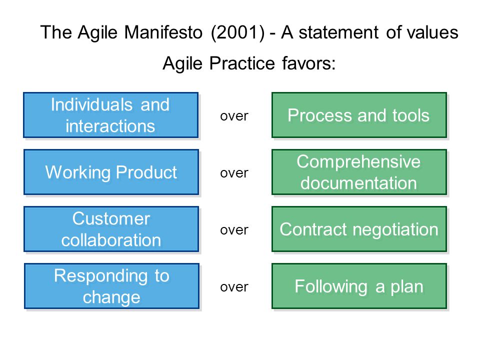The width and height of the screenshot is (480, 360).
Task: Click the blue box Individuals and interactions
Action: point(111,115)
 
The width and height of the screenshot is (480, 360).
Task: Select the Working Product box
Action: point(111,172)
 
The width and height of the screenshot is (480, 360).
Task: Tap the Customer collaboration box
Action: point(111,229)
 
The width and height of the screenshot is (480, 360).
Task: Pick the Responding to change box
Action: point(111,286)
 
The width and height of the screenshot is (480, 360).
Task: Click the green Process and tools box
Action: point(359,115)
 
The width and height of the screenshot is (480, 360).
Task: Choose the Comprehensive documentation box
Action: point(359,172)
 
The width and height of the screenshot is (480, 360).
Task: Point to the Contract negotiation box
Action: point(359,229)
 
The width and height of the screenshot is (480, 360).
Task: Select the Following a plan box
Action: point(359,286)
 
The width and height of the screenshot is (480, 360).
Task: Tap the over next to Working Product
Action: point(234,173)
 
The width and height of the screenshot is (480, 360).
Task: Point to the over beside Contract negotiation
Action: point(234,230)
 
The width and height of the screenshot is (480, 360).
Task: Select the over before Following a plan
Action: point(234,287)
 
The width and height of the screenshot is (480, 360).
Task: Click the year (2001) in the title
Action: point(238,32)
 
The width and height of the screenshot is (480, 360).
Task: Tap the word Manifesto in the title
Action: point(163,32)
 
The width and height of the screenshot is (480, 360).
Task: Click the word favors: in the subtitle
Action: point(309,63)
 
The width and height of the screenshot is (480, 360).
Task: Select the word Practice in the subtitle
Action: point(242,63)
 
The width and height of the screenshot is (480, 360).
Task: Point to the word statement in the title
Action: point(338,32)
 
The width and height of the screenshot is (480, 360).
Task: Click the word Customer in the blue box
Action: point(111,218)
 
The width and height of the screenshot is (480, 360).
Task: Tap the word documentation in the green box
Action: point(359,183)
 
